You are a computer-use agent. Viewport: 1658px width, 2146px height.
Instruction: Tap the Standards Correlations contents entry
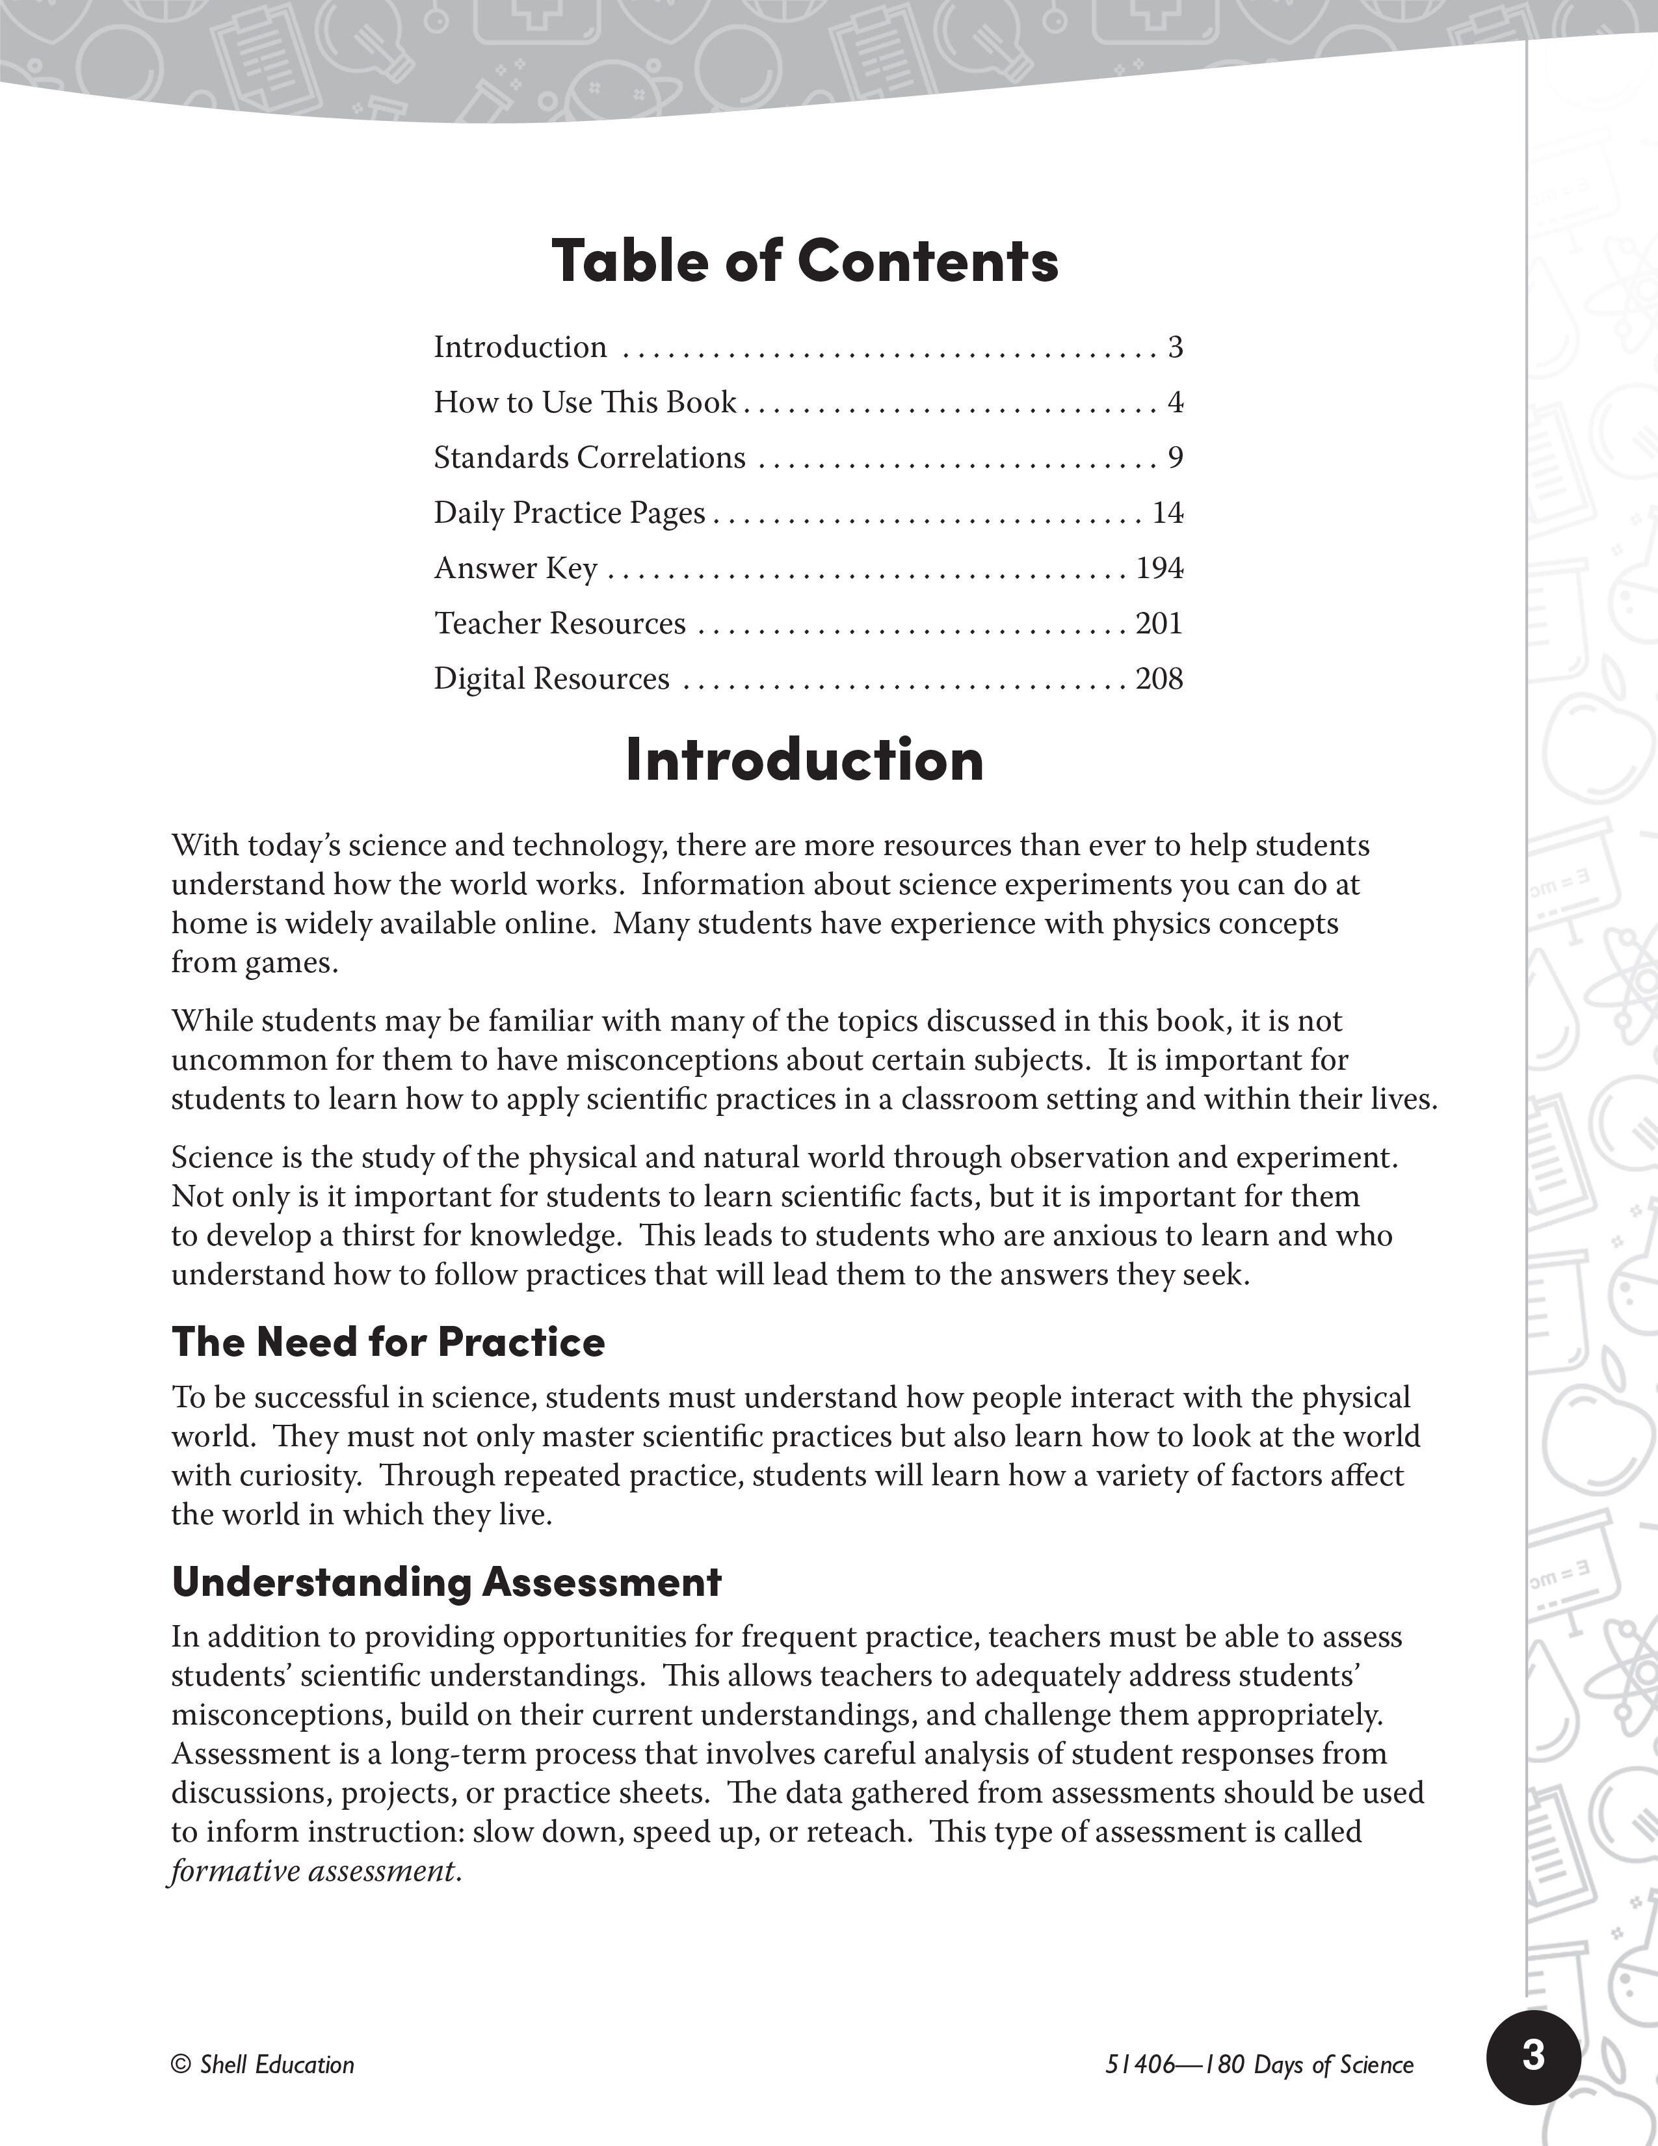589,458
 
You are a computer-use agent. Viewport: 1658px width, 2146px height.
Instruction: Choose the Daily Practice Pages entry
570,513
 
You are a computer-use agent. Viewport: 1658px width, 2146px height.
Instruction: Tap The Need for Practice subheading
388,1342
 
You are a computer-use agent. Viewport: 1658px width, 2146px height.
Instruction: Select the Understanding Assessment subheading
446,1582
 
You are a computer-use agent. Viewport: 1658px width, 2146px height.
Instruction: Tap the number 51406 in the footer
1139,2065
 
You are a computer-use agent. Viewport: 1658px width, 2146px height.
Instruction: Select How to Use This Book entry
585,403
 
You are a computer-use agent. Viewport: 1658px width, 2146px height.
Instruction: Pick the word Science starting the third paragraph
221,1158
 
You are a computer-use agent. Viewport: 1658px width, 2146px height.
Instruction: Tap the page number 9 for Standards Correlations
1175,458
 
